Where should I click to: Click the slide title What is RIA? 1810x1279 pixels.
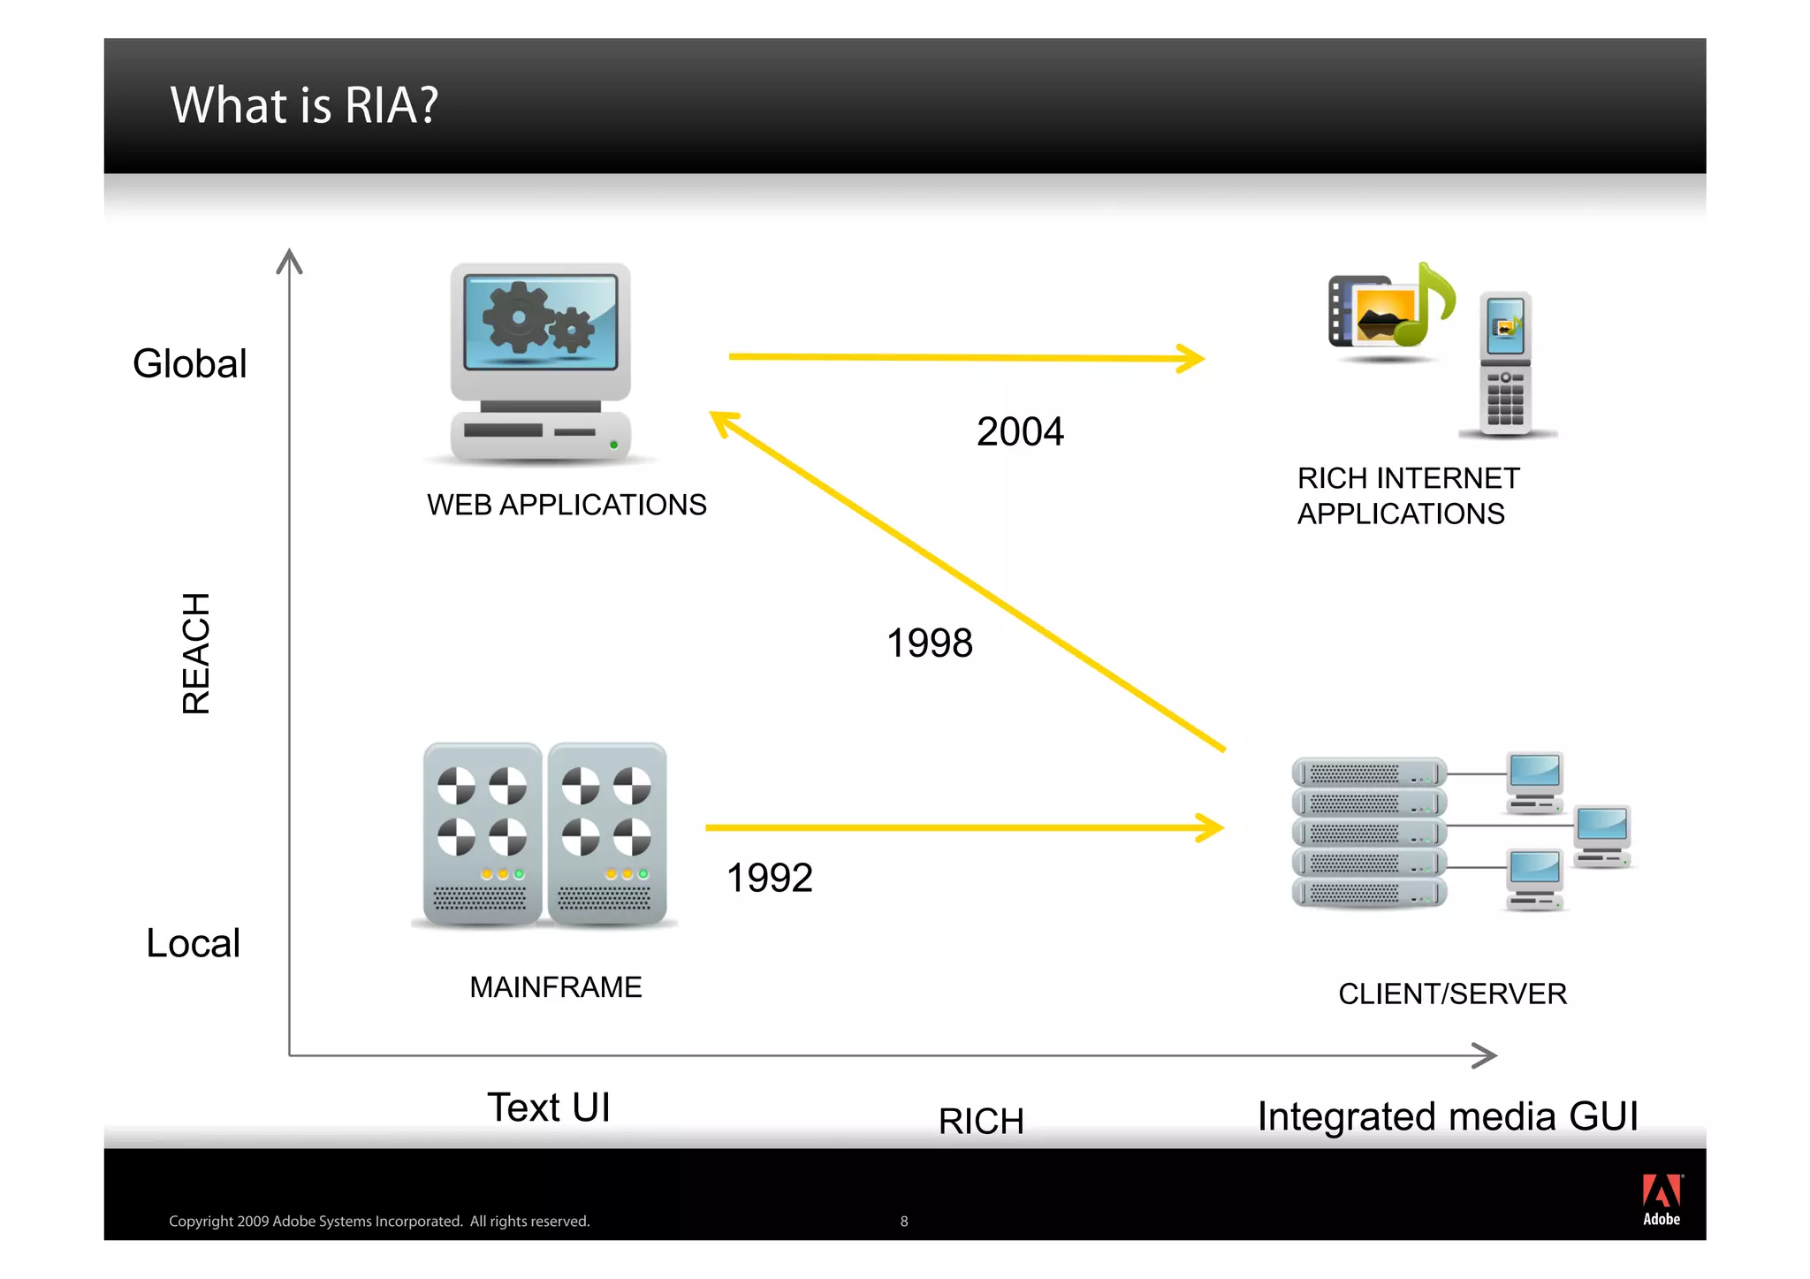[x=304, y=105]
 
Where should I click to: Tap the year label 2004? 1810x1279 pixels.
[x=1020, y=431]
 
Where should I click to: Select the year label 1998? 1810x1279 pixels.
[x=929, y=643]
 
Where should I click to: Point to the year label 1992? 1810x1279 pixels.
[x=769, y=878]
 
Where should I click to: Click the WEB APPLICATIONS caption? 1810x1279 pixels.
[x=567, y=505]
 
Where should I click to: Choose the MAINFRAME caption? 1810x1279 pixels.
[x=555, y=986]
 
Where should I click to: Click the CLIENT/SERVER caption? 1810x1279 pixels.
[x=1452, y=994]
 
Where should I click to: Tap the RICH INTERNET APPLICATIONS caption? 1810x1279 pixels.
[x=1408, y=496]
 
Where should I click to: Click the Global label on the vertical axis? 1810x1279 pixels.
[x=189, y=364]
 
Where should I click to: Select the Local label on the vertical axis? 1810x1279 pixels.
[x=193, y=943]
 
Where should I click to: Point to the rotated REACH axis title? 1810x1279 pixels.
[x=196, y=653]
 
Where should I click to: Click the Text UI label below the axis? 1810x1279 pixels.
[x=549, y=1108]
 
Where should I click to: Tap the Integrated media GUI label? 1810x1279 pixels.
[x=1448, y=1116]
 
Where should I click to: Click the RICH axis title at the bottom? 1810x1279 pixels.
[x=981, y=1121]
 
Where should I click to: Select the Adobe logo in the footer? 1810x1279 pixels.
[x=1662, y=1199]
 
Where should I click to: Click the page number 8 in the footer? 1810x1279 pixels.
[x=903, y=1222]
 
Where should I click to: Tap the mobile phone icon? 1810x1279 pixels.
[x=1505, y=363]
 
